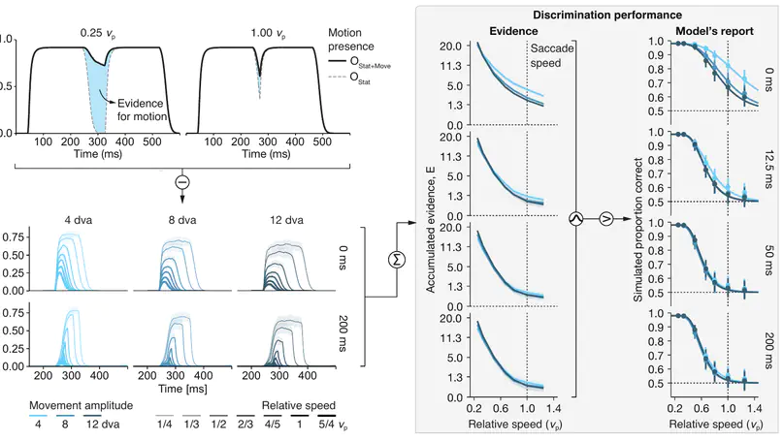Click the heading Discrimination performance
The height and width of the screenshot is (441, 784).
click(x=594, y=15)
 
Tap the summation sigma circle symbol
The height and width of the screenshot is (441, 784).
click(x=396, y=258)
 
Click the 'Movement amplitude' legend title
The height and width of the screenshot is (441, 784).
click(x=80, y=404)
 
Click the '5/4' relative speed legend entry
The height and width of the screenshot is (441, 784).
click(x=329, y=425)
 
